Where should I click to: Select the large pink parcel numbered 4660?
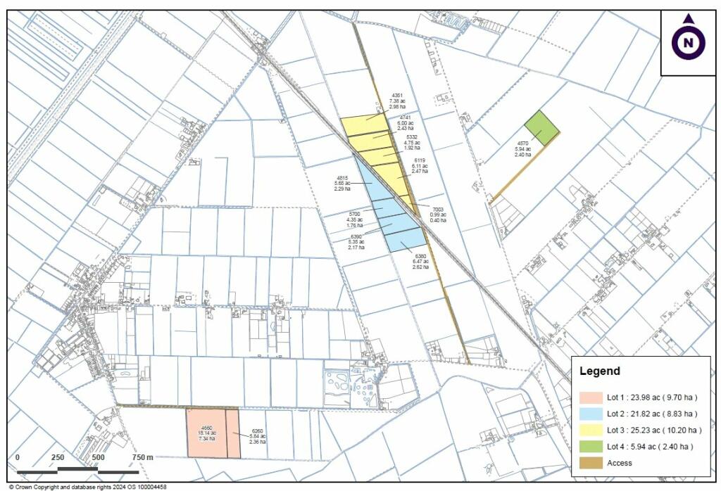click(206, 433)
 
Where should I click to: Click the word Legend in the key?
click(599, 371)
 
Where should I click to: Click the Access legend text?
click(619, 463)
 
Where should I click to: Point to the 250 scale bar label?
click(58, 458)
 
